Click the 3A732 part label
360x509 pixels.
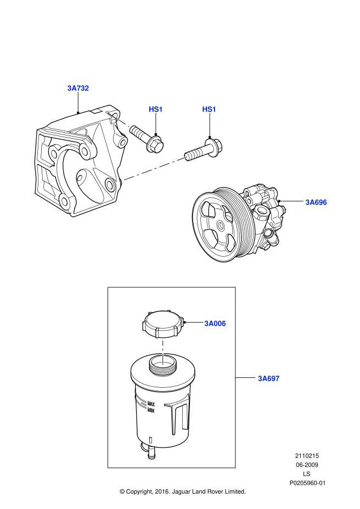point(78,88)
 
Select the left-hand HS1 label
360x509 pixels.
point(156,109)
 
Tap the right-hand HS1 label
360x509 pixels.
point(209,109)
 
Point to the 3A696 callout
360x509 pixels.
point(316,202)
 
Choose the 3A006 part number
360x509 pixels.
point(215,324)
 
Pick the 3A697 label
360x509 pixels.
point(269,378)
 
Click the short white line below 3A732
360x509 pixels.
point(123,122)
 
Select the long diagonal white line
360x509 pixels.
point(155,168)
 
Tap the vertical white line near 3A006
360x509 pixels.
point(163,353)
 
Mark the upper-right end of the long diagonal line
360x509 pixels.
point(186,157)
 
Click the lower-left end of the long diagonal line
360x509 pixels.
point(124,179)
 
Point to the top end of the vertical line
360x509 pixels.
point(163,342)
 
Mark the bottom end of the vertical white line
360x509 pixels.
point(163,363)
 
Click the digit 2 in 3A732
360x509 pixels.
point(86,88)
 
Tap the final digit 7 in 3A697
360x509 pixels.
point(277,378)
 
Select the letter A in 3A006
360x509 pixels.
point(211,324)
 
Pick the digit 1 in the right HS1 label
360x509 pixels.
point(214,109)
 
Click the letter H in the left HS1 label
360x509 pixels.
point(151,109)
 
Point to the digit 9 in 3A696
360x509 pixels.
point(320,202)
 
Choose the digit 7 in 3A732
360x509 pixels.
point(78,88)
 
